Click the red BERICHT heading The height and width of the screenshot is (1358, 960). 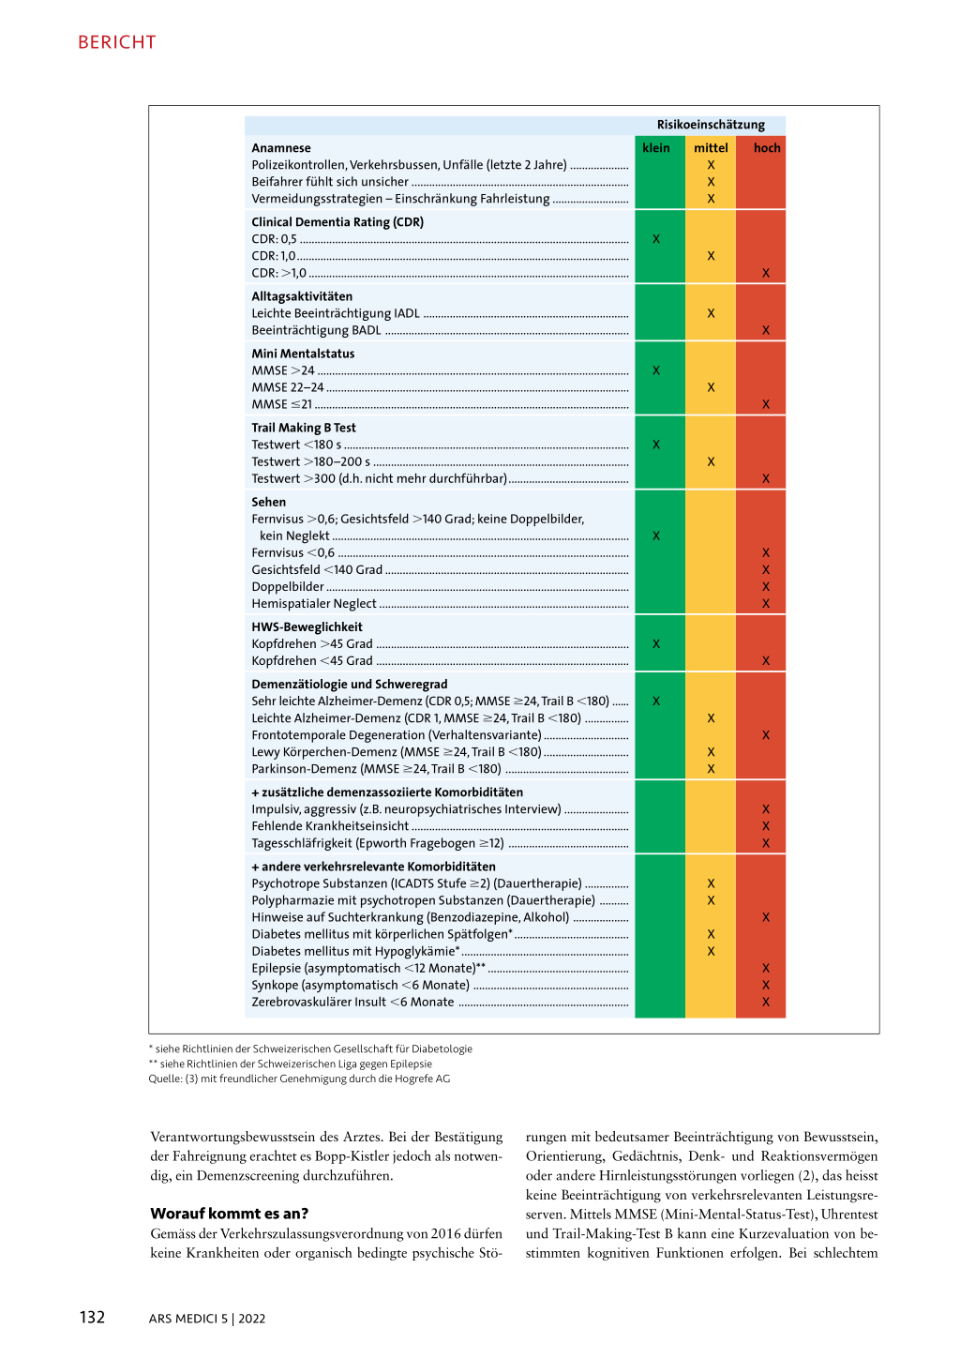click(117, 42)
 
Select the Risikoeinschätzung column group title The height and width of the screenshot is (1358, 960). click(711, 125)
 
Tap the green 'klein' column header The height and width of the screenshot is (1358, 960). click(655, 148)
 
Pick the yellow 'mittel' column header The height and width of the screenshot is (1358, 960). click(711, 148)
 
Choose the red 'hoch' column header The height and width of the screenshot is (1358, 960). click(766, 148)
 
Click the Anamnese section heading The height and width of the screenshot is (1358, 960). click(281, 148)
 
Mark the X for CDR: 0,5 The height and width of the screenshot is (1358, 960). click(655, 239)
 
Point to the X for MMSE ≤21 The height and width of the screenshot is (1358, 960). click(765, 404)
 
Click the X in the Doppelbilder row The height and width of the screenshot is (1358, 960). click(765, 587)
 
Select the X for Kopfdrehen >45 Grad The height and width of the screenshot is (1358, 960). click(655, 644)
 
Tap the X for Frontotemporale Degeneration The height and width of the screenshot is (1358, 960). click(765, 735)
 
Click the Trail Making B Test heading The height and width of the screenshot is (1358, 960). click(304, 428)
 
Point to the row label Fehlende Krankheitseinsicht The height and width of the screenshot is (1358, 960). click(330, 826)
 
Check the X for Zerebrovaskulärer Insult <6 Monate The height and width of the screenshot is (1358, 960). click(765, 1003)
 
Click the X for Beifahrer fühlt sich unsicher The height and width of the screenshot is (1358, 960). click(711, 182)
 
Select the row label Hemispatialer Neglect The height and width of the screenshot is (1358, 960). click(314, 604)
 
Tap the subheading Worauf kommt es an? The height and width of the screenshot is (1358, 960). click(229, 1214)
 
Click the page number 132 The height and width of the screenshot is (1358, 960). click(92, 1318)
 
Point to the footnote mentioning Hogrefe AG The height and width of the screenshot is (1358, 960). click(299, 1079)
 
